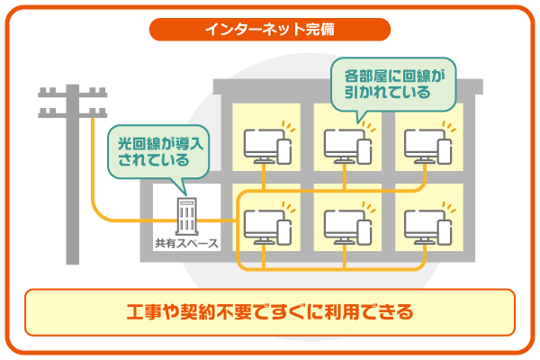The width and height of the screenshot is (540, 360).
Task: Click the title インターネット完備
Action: click(269, 28)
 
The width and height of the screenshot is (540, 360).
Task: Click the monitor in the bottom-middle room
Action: click(341, 225)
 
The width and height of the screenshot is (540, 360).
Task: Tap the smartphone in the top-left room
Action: click(283, 150)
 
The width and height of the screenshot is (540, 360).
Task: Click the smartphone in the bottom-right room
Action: click(443, 232)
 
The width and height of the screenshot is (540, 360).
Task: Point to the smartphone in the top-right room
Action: click(443, 150)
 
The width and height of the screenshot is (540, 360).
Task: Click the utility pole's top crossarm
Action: click(71, 94)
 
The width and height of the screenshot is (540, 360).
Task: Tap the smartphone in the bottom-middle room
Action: click(363, 232)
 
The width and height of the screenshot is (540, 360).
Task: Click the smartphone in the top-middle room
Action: click(363, 150)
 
